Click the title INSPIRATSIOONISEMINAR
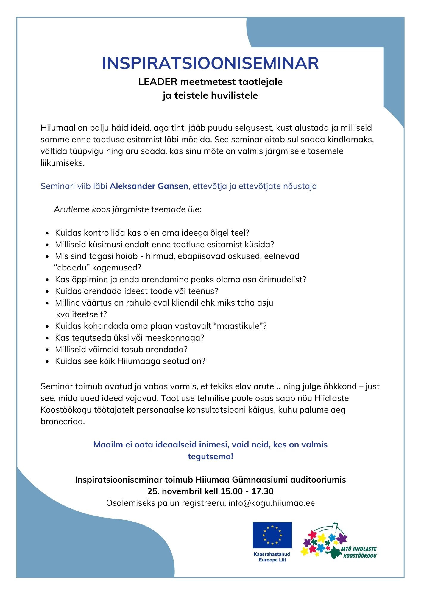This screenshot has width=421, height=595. (210, 63)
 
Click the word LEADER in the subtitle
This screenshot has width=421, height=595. (158, 82)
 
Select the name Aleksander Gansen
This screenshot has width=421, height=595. (149, 186)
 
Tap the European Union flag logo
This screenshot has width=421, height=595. (272, 535)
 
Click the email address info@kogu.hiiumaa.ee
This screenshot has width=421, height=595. (272, 503)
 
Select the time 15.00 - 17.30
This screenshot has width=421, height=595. (247, 491)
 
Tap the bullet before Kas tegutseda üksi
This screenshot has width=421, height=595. (47, 338)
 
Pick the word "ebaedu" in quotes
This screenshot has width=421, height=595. (72, 268)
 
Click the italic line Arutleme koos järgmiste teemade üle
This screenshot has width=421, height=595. (128, 209)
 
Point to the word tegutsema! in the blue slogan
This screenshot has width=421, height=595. (210, 456)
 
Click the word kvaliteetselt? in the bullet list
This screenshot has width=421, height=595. (81, 314)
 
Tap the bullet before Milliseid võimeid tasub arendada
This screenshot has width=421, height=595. (47, 350)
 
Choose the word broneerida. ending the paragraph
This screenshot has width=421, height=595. (63, 422)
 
